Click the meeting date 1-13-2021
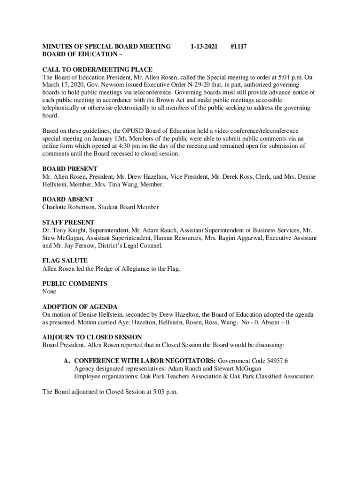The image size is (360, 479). (x=204, y=46)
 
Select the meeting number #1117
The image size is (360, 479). (x=239, y=46)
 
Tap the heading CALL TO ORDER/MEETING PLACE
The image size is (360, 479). (x=97, y=70)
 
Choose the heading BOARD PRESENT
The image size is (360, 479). (x=70, y=169)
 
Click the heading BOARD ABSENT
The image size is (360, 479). (x=68, y=199)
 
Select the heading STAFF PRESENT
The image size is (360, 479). (x=68, y=223)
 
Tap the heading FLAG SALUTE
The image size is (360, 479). (x=65, y=261)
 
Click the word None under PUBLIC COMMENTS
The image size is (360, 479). (x=49, y=291)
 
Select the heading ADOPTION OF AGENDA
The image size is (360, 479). (x=80, y=307)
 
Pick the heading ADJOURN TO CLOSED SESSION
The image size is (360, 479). (x=92, y=337)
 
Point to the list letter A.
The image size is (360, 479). (x=67, y=361)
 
